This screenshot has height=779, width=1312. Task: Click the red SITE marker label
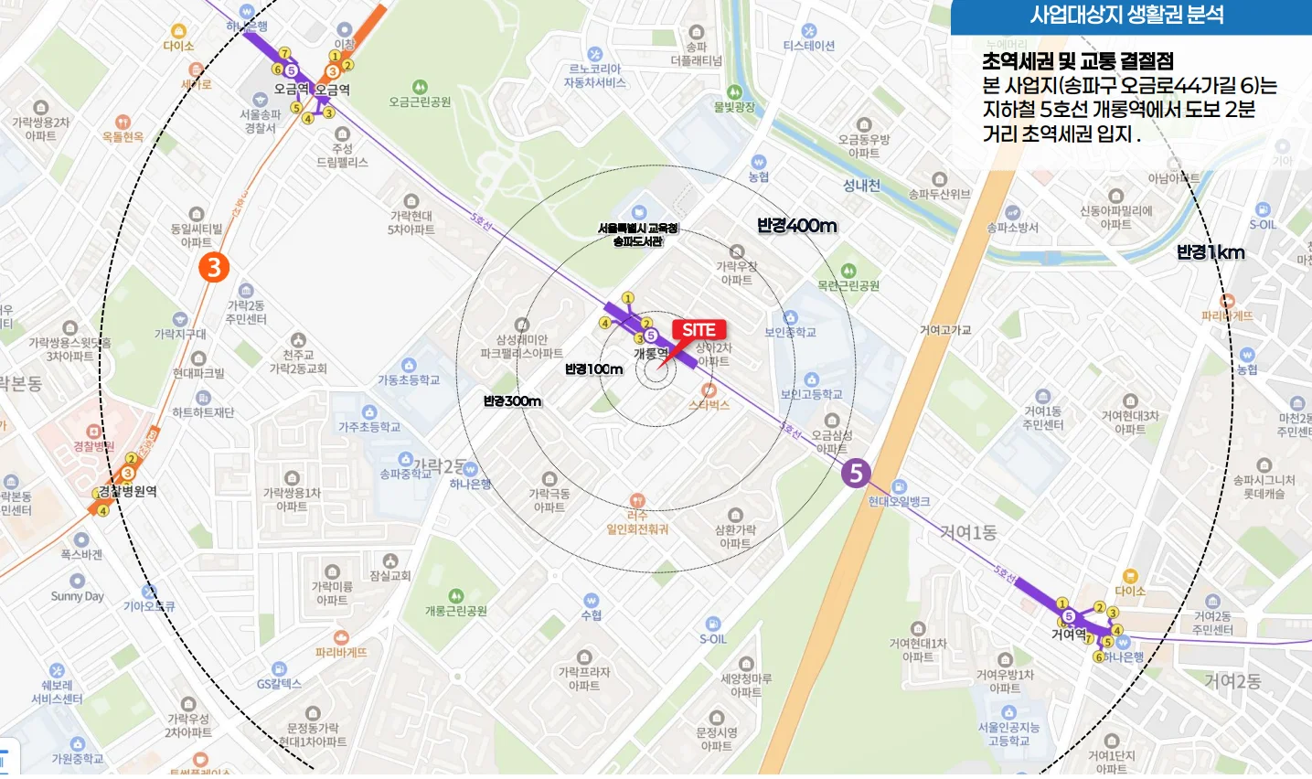pos(699,330)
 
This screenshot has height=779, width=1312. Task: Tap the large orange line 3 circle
pos(214,267)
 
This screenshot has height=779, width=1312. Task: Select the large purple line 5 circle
pos(856,473)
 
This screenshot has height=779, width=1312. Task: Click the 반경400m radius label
pos(796,226)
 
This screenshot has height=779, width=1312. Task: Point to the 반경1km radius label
pos(1211,252)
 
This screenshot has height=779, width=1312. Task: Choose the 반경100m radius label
pos(593,369)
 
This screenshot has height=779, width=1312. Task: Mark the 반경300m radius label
pos(512,401)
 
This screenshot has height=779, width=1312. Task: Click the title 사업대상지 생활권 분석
pos(1126,16)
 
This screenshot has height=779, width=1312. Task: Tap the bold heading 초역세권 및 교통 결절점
pos(1078,62)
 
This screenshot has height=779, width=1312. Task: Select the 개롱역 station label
pos(651,354)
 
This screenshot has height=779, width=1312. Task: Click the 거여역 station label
pos(1069,634)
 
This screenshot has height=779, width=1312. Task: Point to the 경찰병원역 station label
pos(128,492)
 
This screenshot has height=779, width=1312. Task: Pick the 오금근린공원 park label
pos(420,102)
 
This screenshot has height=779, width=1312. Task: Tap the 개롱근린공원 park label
pos(456,611)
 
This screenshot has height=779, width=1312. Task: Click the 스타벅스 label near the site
pos(709,405)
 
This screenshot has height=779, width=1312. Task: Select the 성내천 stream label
pos(861,186)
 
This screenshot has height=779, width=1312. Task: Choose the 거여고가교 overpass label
pos(945,330)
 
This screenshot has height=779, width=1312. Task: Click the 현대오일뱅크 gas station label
pos(900,501)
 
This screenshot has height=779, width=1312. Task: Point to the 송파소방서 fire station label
pos(1012,228)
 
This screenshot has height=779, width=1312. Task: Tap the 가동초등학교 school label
pos(409,380)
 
